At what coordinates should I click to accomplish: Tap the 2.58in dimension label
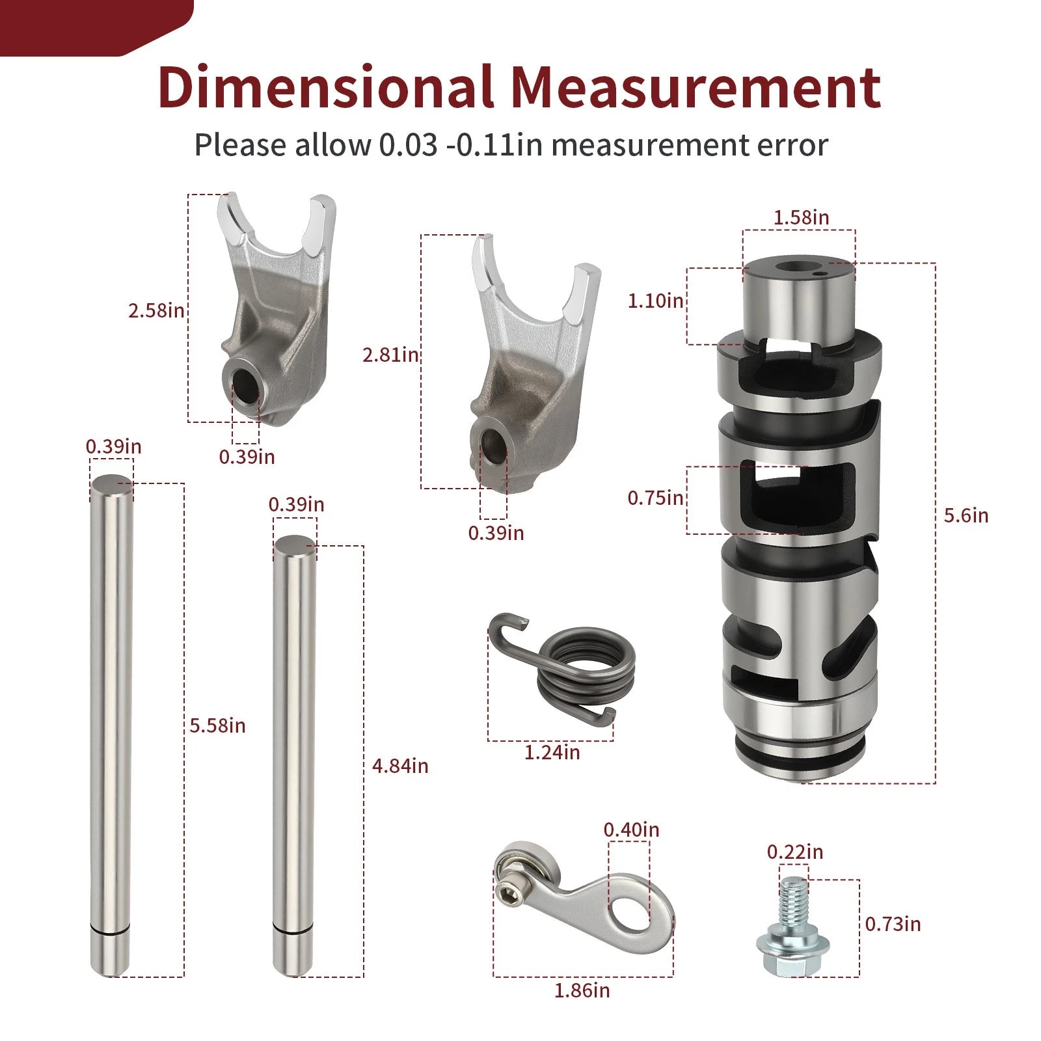(x=156, y=310)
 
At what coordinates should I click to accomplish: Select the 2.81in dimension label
(x=391, y=355)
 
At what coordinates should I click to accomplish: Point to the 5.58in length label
(x=218, y=725)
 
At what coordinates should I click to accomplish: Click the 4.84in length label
(x=400, y=766)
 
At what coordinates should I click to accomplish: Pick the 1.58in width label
(x=802, y=217)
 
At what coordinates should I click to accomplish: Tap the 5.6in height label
(x=966, y=515)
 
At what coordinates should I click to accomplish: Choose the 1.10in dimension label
(x=656, y=301)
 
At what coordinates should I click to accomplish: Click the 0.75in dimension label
(x=656, y=498)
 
